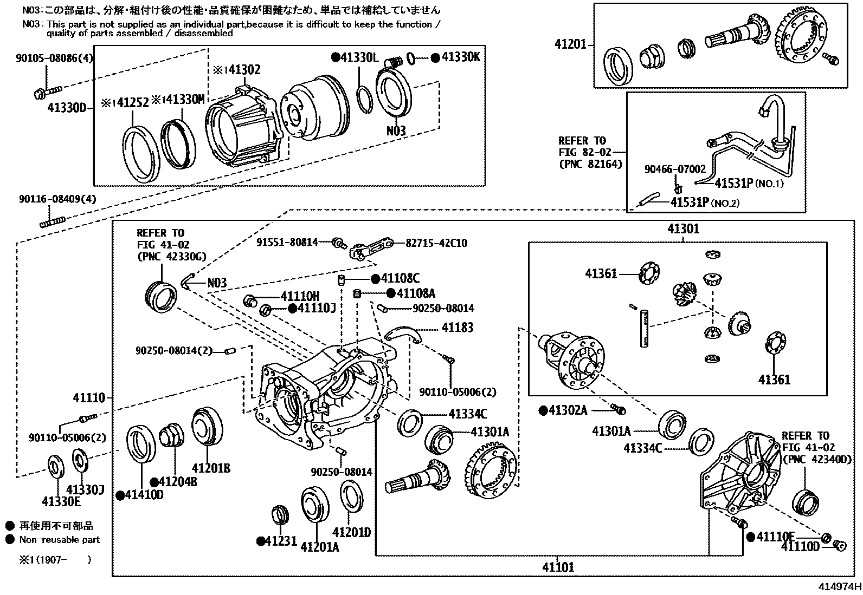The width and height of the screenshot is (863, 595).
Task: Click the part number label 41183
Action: click(x=457, y=328)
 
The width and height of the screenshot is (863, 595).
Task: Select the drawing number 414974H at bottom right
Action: click(x=840, y=587)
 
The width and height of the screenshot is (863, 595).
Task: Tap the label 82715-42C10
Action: click(x=436, y=243)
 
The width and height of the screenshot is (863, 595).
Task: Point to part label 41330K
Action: click(x=460, y=57)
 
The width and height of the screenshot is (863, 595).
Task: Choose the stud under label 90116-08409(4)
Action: click(x=53, y=221)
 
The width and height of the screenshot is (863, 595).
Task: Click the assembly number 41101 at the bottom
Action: click(x=558, y=567)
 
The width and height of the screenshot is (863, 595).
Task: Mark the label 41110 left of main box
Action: click(x=89, y=398)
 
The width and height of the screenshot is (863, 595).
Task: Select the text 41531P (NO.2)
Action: click(x=705, y=203)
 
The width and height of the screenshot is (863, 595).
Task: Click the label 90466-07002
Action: click(x=675, y=169)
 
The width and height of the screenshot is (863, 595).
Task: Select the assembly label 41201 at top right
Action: click(x=570, y=44)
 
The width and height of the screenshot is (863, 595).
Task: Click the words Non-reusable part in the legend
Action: click(x=60, y=539)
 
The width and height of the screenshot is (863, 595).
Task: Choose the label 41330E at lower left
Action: click(x=61, y=501)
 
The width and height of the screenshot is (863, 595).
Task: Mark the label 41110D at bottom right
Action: click(x=800, y=547)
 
